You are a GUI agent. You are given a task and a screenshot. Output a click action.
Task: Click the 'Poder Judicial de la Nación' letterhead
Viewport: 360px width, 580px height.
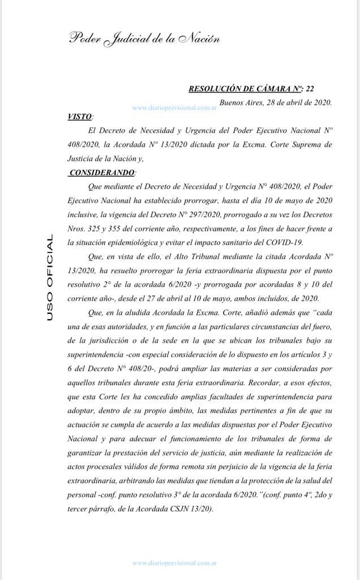pos(144,39)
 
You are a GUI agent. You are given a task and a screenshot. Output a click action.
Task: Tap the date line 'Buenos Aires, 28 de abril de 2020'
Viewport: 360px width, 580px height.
pos(275,103)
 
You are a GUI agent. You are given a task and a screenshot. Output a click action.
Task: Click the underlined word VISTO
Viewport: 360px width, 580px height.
pos(79,116)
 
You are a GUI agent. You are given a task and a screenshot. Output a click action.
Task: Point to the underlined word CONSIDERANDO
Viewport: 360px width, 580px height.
pos(102,172)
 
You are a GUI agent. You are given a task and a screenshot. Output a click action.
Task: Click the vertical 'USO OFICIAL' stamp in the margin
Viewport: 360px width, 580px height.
pos(50,278)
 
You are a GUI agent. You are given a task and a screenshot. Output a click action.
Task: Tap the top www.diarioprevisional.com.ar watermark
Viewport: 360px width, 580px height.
pos(175,107)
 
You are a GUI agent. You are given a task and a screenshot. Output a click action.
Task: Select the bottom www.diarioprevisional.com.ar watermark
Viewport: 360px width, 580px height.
pos(175,563)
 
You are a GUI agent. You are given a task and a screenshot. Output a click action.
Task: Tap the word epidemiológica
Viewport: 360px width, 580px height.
pos(137,242)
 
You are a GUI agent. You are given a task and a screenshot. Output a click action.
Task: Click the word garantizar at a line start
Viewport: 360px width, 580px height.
pos(85,451)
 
